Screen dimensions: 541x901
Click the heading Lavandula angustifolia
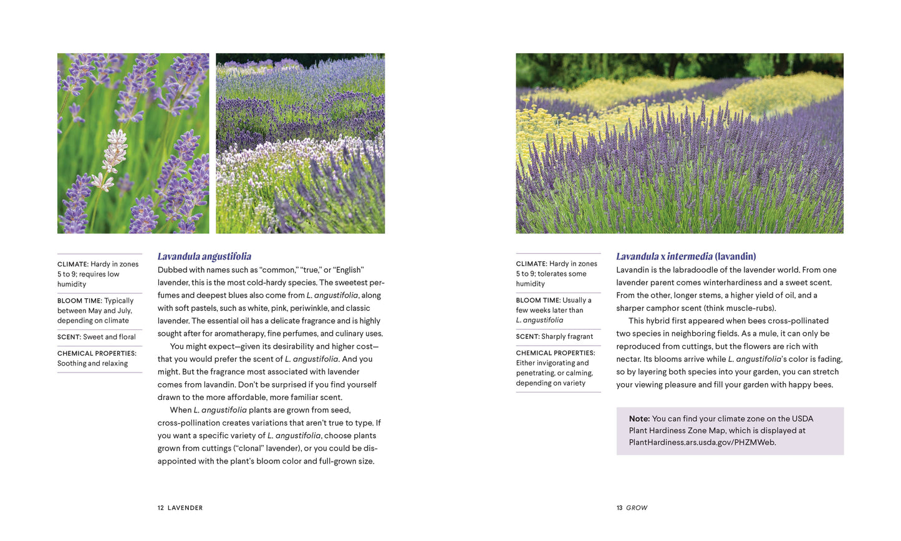coord(204,256)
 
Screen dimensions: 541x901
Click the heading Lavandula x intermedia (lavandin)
coord(685,256)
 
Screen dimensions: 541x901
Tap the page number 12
coord(160,508)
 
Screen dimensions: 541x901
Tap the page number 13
coord(619,508)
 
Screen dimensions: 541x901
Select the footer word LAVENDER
coord(185,508)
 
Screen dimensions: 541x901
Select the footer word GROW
coord(637,508)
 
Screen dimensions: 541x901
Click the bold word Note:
coord(639,419)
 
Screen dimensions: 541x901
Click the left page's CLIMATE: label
coord(72,265)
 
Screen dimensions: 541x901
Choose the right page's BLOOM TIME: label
coord(537,300)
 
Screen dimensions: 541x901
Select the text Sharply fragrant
coord(567,337)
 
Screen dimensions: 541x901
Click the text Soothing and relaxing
coord(92,364)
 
